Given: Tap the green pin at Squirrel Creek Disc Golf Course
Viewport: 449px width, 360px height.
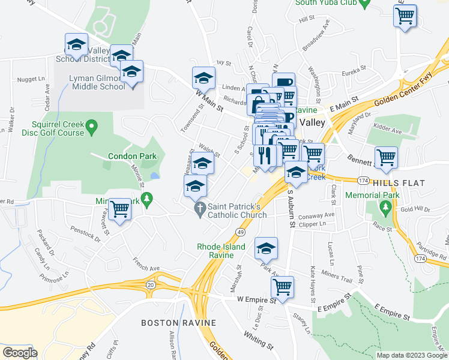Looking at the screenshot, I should click(x=91, y=127).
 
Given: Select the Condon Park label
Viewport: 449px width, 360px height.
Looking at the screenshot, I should click(x=132, y=156).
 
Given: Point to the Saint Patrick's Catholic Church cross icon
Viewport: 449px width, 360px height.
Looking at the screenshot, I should click(x=200, y=209).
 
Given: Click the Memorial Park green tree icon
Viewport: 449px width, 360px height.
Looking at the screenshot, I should click(x=385, y=208).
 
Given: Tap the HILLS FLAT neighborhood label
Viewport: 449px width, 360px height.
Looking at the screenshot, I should click(x=399, y=182).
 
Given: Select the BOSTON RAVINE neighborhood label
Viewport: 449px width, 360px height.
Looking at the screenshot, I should click(x=178, y=323).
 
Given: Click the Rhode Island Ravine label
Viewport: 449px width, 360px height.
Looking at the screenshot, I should click(x=221, y=251).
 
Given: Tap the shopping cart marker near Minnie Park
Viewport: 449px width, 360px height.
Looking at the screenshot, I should click(x=120, y=209).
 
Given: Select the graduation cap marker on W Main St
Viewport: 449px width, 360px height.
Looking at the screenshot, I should click(x=203, y=78).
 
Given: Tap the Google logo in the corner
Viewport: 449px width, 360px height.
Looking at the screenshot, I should click(x=19, y=353).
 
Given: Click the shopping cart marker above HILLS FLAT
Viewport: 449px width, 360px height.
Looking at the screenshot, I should click(x=386, y=158).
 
